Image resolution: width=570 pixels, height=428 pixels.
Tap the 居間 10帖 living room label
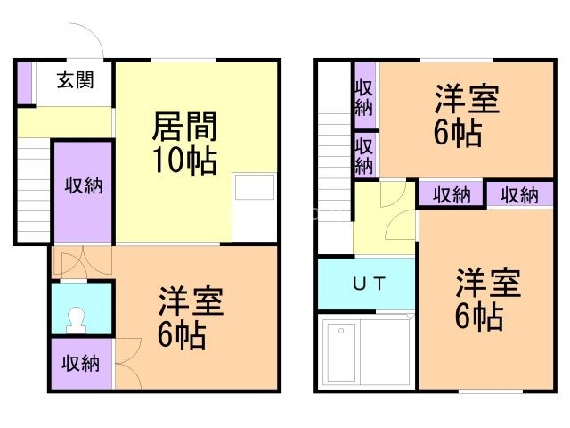coord(184,143)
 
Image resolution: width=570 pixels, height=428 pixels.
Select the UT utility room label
coord(368,284)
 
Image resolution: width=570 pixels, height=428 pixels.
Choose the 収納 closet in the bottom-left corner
coord(80,364)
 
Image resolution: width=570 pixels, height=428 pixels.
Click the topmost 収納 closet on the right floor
coord(363,97)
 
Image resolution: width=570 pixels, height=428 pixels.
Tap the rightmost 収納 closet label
coord(518,194)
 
